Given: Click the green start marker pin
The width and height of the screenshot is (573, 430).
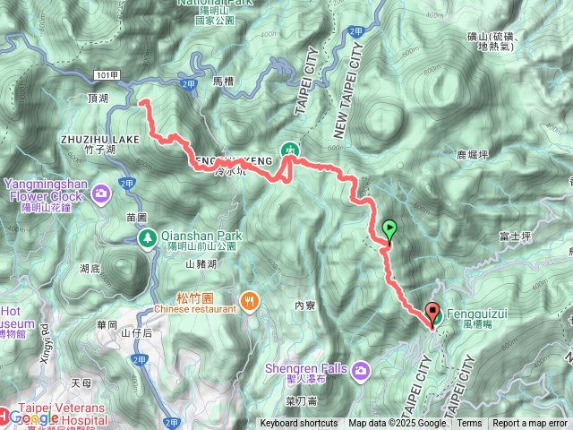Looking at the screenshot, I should [x=389, y=229].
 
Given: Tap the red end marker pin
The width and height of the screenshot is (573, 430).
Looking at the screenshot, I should [x=433, y=314].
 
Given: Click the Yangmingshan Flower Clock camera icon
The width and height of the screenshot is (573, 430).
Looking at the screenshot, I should [x=101, y=192].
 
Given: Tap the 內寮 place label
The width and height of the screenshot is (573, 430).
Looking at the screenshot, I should [x=305, y=305].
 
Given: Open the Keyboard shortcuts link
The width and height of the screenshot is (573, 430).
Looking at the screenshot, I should [x=299, y=424].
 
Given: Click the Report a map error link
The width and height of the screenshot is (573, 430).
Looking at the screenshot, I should [x=530, y=424].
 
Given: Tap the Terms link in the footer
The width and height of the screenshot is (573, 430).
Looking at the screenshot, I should [x=469, y=424].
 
